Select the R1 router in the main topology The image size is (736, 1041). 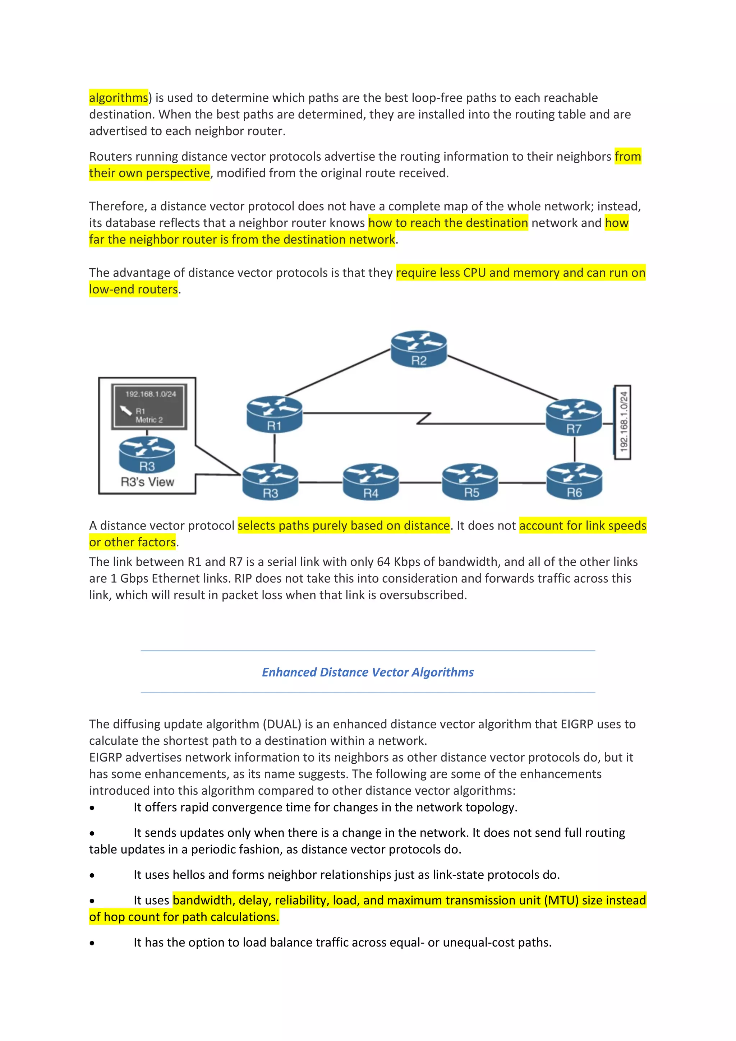pyautogui.click(x=274, y=414)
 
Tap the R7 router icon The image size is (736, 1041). pyautogui.click(x=574, y=417)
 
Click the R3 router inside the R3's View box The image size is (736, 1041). pyautogui.click(x=147, y=454)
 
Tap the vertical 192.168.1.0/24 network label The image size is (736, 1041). pyautogui.click(x=623, y=422)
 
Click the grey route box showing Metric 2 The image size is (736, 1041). pyautogui.click(x=149, y=406)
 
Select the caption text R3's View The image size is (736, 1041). pyautogui.click(x=147, y=482)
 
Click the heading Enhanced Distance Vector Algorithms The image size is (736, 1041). pyautogui.click(x=368, y=672)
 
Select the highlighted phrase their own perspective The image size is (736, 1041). pyautogui.click(x=149, y=173)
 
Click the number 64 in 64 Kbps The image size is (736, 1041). pyautogui.click(x=383, y=562)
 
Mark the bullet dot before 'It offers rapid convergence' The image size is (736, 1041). pyautogui.click(x=92, y=808)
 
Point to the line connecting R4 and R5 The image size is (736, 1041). pyautogui.click(x=420, y=482)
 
